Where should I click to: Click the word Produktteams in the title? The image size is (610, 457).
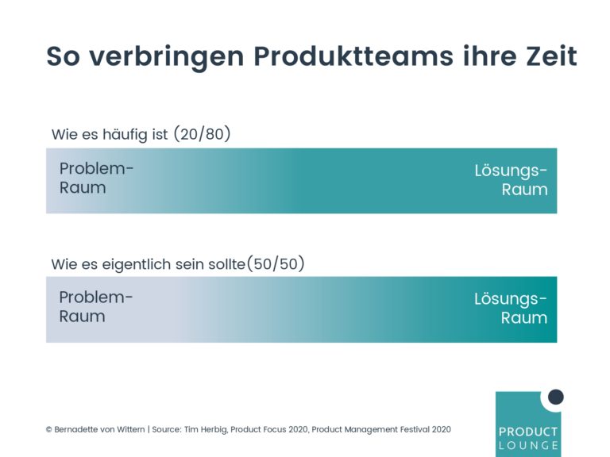click(353, 57)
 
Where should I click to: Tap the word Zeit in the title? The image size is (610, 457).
click(551, 56)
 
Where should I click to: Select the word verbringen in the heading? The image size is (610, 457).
click(167, 57)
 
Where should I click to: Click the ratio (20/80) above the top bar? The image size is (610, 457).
click(202, 134)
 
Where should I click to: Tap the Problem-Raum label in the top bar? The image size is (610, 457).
click(96, 178)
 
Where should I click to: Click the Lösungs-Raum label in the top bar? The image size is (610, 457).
click(511, 180)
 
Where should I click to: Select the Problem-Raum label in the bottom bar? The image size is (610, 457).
click(95, 306)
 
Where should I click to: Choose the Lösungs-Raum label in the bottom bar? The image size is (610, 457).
click(511, 308)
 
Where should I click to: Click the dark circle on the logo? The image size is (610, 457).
click(555, 397)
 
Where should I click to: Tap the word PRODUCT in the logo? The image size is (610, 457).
click(528, 432)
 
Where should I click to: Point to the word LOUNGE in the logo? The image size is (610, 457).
click(528, 445)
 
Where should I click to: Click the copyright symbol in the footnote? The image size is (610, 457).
click(49, 430)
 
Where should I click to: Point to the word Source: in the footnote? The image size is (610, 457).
click(167, 429)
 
